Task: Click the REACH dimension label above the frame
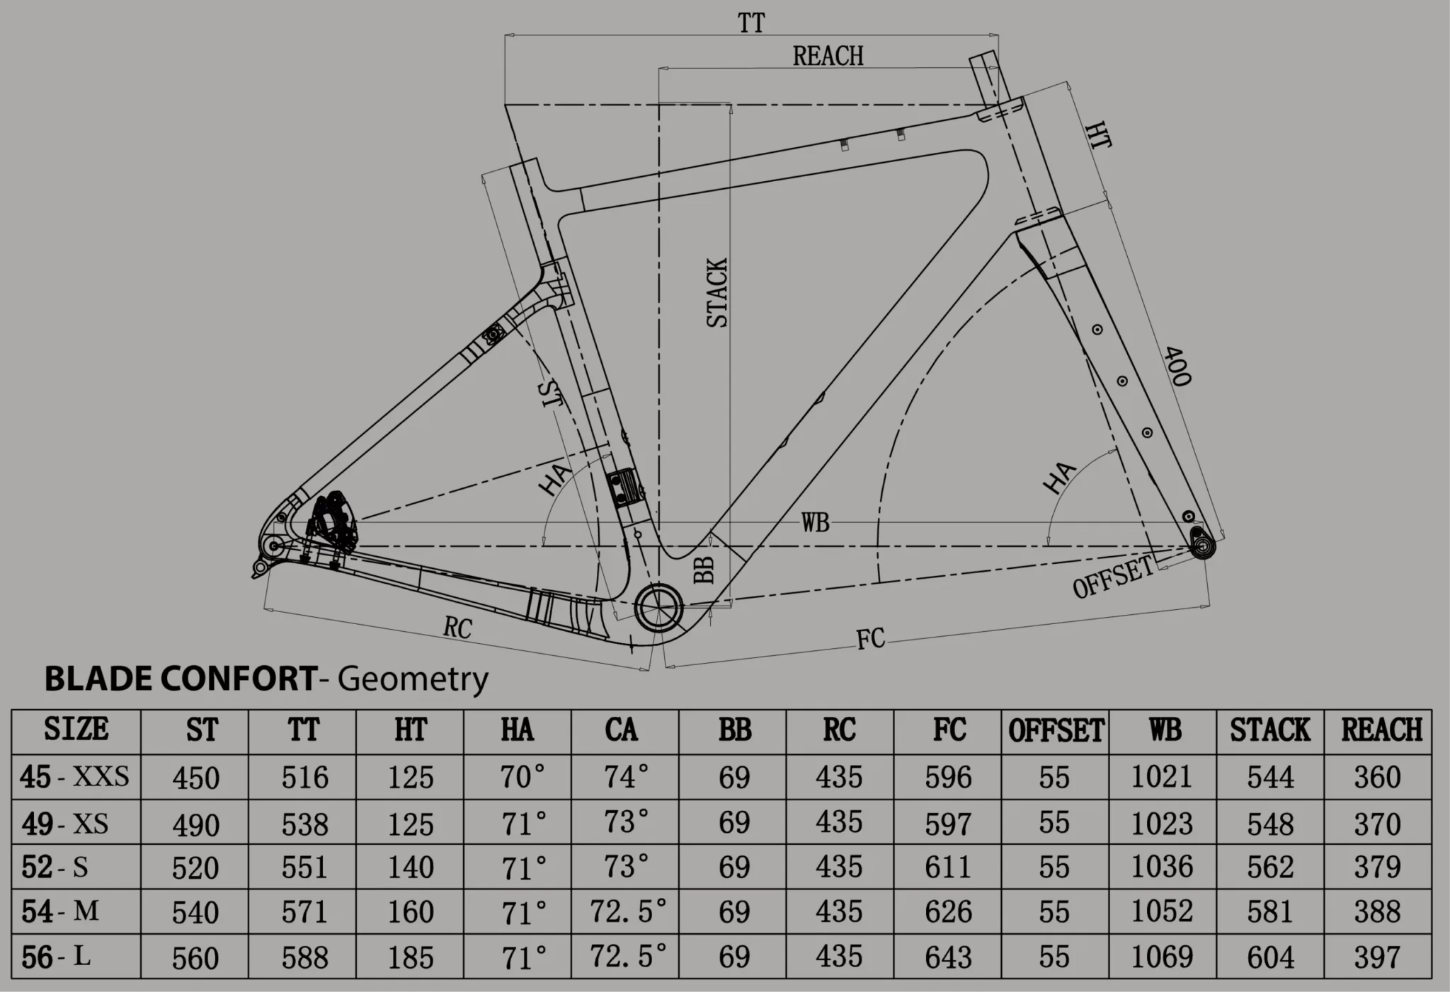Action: [828, 57]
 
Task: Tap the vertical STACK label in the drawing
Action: [718, 293]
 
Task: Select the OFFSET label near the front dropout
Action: [1113, 577]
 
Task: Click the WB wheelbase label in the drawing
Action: [815, 523]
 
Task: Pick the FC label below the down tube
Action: [870, 638]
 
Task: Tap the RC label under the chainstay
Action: [457, 627]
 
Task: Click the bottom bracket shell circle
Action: [658, 607]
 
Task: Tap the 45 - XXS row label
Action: [75, 777]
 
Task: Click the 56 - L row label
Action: [57, 957]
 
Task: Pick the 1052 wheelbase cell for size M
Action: [1162, 911]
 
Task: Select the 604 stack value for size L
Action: [1270, 957]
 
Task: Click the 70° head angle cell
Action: [523, 777]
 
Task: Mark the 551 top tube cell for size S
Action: [304, 867]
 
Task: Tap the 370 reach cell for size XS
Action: [1377, 824]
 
